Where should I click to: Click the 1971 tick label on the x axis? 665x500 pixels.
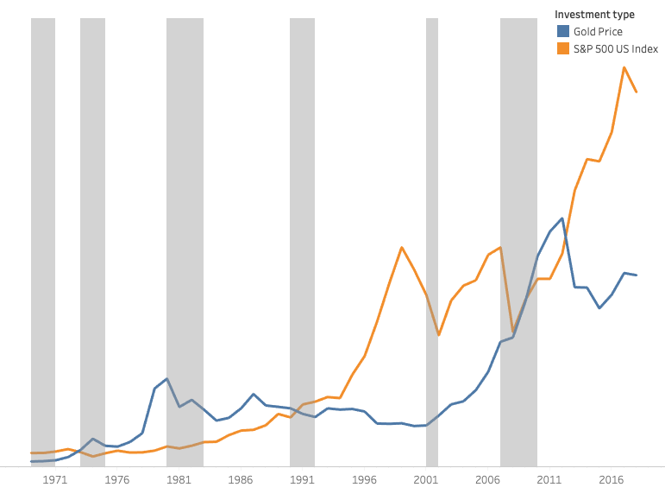(x=55, y=479)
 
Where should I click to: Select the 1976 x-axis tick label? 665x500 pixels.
(x=117, y=479)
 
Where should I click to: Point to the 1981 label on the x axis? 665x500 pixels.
(x=179, y=479)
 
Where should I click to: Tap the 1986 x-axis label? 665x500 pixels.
(x=241, y=479)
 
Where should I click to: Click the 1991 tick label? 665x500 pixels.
(x=303, y=479)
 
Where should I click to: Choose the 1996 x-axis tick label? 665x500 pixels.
(x=365, y=479)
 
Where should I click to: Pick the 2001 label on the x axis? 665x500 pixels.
(x=426, y=479)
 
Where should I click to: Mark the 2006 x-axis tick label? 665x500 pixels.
(x=488, y=479)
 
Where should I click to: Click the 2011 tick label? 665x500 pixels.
(x=550, y=479)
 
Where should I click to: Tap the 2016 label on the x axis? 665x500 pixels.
(x=612, y=479)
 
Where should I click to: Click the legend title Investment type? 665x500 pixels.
(x=594, y=15)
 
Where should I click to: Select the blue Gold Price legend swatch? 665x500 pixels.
(x=563, y=32)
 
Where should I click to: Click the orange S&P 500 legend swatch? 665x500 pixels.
(x=563, y=49)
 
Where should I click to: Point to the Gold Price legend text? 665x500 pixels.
(x=598, y=32)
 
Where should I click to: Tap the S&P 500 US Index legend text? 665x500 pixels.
(x=616, y=49)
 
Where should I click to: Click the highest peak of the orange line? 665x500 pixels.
(x=624, y=67)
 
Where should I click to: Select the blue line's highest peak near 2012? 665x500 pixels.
(x=562, y=218)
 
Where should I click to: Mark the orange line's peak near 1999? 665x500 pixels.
(x=402, y=248)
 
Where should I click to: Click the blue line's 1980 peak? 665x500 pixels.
(x=166, y=379)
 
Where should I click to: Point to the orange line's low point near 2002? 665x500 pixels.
(x=439, y=334)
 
